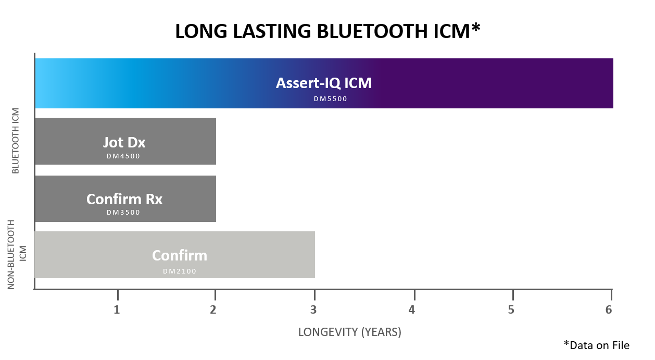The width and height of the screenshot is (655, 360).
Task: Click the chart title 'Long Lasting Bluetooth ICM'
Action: (327, 32)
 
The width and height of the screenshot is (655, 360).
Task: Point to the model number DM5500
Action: (330, 99)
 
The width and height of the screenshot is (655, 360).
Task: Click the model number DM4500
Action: (124, 156)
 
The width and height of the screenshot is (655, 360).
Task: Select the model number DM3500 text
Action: (124, 213)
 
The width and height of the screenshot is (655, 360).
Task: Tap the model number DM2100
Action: (180, 271)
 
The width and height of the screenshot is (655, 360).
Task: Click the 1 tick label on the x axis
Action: (117, 309)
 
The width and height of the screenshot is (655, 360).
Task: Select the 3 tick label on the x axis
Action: (313, 309)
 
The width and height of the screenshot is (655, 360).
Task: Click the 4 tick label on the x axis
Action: (412, 309)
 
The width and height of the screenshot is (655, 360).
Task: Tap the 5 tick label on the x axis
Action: (511, 309)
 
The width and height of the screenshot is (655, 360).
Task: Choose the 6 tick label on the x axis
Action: (608, 309)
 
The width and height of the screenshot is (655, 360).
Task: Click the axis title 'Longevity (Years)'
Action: (349, 332)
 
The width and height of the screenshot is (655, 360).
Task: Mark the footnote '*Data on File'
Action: (596, 345)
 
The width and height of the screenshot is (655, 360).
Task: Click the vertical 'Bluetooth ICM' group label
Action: (16, 141)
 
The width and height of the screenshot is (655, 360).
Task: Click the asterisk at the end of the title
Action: (475, 29)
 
